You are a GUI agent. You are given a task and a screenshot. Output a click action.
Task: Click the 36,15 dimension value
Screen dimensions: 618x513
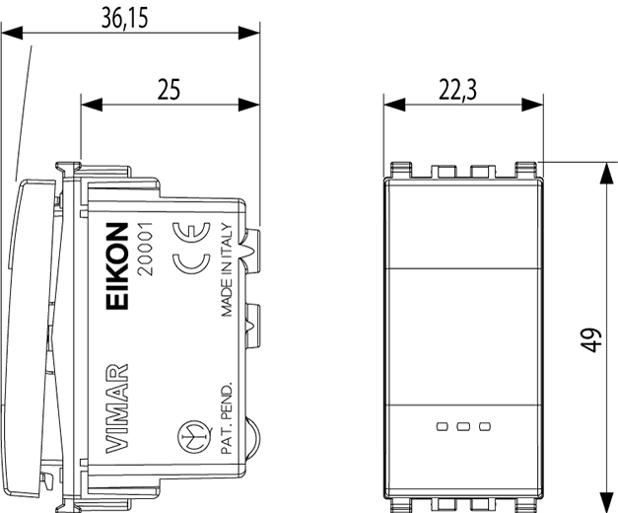tap(124, 18)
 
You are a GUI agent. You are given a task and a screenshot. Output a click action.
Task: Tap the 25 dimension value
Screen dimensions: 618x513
tap(169, 89)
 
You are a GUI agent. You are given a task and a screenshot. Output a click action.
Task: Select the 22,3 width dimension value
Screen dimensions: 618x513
tap(457, 90)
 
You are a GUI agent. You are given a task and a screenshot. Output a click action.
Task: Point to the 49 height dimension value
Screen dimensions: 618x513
tap(590, 339)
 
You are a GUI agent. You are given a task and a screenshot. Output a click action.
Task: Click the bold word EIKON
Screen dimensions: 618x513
tap(117, 266)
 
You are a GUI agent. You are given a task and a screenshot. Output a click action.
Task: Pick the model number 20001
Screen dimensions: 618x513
tap(145, 249)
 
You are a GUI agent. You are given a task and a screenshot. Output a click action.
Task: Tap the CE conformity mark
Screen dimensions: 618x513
tap(191, 249)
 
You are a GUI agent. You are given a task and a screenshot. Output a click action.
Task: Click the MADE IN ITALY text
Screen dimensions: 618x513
tap(227, 270)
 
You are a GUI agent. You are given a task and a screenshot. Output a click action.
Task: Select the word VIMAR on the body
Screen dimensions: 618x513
tap(117, 408)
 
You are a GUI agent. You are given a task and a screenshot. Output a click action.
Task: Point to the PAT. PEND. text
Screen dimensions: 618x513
tap(227, 418)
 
